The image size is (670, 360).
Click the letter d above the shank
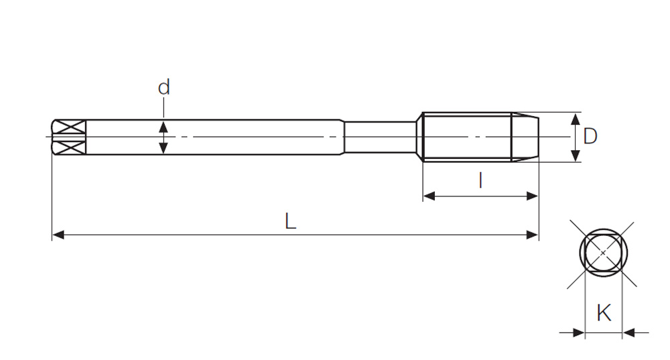pyautogui.click(x=163, y=87)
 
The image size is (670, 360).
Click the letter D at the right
pyautogui.click(x=590, y=136)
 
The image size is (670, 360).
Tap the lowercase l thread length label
pyautogui.click(x=480, y=180)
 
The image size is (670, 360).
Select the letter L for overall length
pyautogui.click(x=291, y=221)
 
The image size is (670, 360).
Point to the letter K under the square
pyautogui.click(x=604, y=313)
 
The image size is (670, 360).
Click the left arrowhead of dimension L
pyautogui.click(x=58, y=235)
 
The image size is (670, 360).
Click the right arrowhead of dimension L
pyautogui.click(x=533, y=235)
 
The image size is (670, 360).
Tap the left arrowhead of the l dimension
pyautogui.click(x=429, y=196)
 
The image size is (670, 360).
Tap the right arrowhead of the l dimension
pyautogui.click(x=532, y=196)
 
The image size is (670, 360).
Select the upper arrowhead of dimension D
pyautogui.click(x=576, y=119)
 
